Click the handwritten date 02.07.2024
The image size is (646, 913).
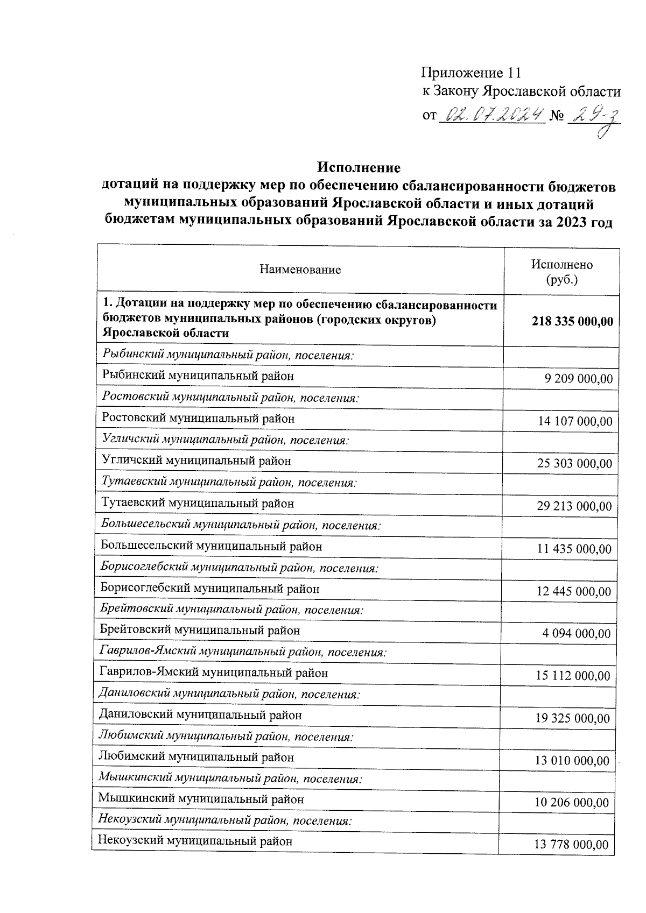click(x=492, y=115)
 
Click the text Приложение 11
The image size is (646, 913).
click(x=471, y=73)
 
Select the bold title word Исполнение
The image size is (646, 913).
click(x=359, y=167)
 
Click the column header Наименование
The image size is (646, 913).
click(x=300, y=270)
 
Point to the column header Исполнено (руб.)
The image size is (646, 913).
click(x=561, y=272)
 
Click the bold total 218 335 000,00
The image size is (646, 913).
click(x=572, y=321)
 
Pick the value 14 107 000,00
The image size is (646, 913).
click(x=575, y=421)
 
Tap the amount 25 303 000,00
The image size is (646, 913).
click(x=574, y=464)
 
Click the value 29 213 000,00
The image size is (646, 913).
click(x=574, y=506)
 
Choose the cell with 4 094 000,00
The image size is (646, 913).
click(x=576, y=634)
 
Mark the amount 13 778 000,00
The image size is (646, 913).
click(x=571, y=845)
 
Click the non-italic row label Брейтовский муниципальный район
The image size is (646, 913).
click(x=200, y=630)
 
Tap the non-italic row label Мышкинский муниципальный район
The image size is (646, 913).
click(x=201, y=799)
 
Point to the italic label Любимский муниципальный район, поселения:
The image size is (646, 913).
click(x=226, y=736)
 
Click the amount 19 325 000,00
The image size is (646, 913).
click(x=573, y=718)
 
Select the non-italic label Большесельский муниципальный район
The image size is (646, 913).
click(x=211, y=546)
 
